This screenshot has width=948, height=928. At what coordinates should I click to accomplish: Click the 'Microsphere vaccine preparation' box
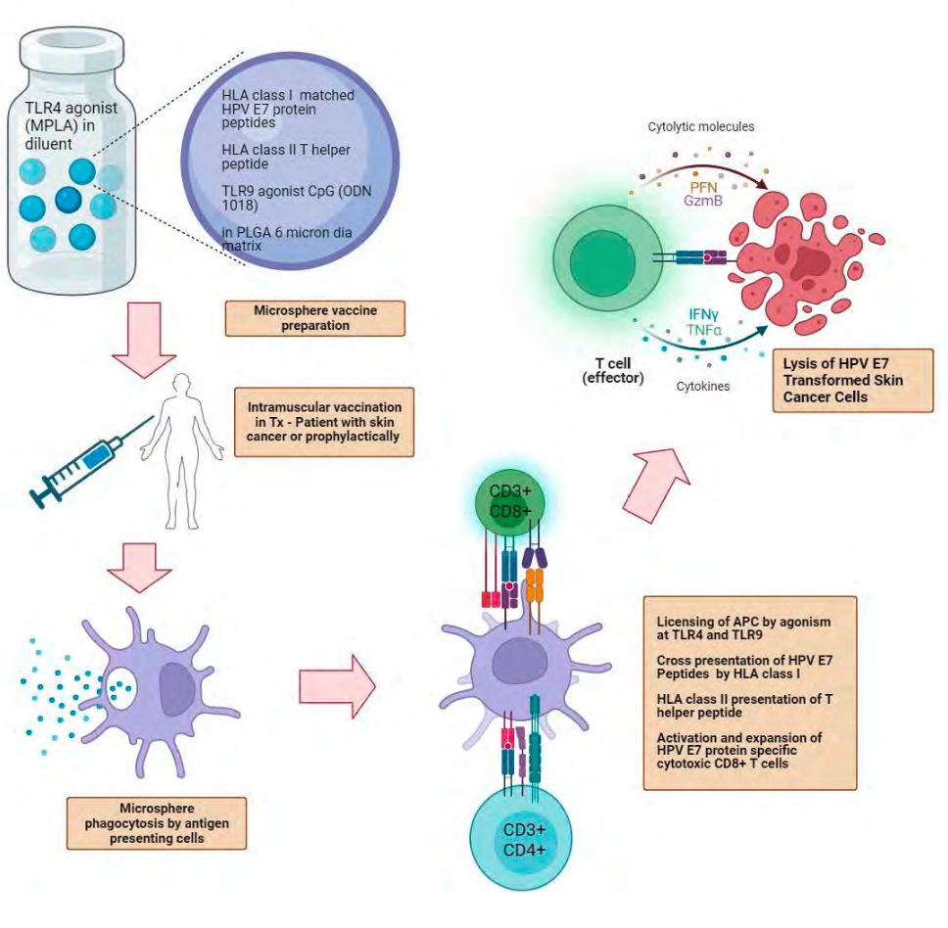314,318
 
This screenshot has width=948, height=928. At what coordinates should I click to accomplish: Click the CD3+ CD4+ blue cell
524,841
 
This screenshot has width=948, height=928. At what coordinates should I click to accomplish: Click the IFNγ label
705,314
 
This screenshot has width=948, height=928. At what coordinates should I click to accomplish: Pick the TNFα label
705,331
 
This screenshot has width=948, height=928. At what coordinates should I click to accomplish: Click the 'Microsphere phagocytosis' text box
157,823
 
